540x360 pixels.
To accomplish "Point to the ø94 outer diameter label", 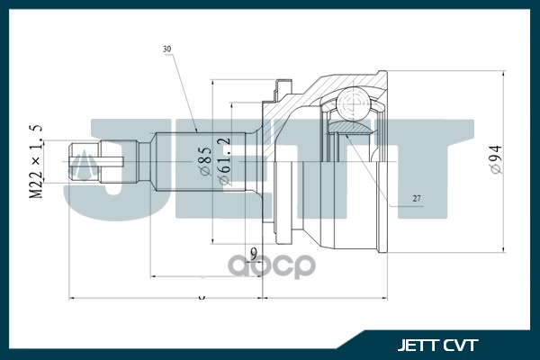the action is click(494, 161).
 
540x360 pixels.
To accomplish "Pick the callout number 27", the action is click(417, 198).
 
